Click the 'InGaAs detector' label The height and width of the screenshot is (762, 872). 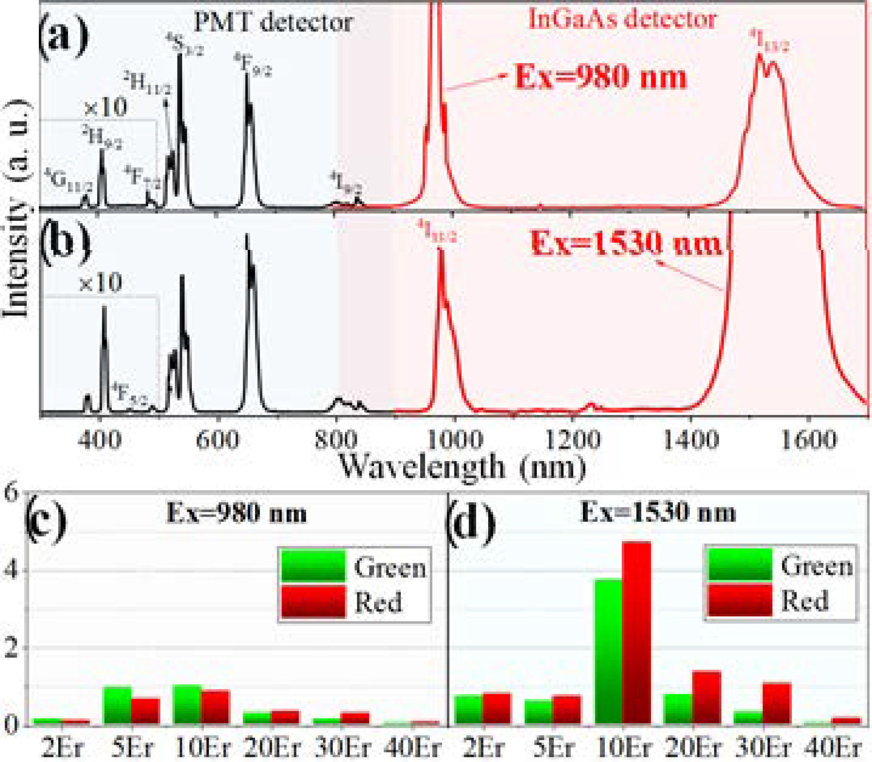(622, 19)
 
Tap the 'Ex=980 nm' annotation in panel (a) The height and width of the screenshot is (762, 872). (600, 78)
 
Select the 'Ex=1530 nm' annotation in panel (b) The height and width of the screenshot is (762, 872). (626, 245)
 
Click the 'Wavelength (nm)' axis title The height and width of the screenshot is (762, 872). (462, 467)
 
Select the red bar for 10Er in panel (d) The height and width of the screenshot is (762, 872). (636, 633)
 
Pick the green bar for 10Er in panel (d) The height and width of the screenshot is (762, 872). (608, 651)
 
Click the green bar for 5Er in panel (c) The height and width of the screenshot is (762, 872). (117, 705)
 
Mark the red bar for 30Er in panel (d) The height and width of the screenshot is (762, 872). (777, 703)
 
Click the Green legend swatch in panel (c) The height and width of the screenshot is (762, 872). (313, 566)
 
